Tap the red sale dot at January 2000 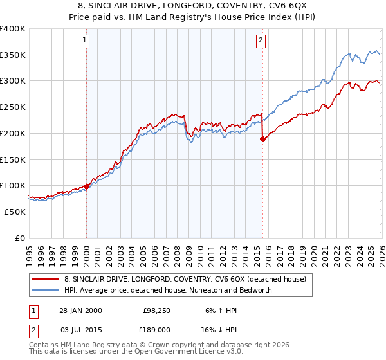(x=86, y=186)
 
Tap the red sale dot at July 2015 (x=262, y=138)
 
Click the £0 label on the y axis (x=19, y=238)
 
